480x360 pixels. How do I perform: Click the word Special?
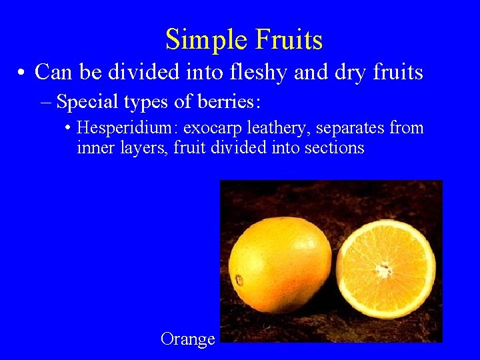click(x=90, y=102)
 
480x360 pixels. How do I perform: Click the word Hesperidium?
click(x=127, y=127)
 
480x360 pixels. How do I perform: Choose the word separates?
click(x=349, y=127)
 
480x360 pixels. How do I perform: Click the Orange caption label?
click(x=187, y=339)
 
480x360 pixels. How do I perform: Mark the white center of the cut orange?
click(x=383, y=269)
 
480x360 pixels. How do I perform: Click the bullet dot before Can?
click(x=23, y=73)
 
